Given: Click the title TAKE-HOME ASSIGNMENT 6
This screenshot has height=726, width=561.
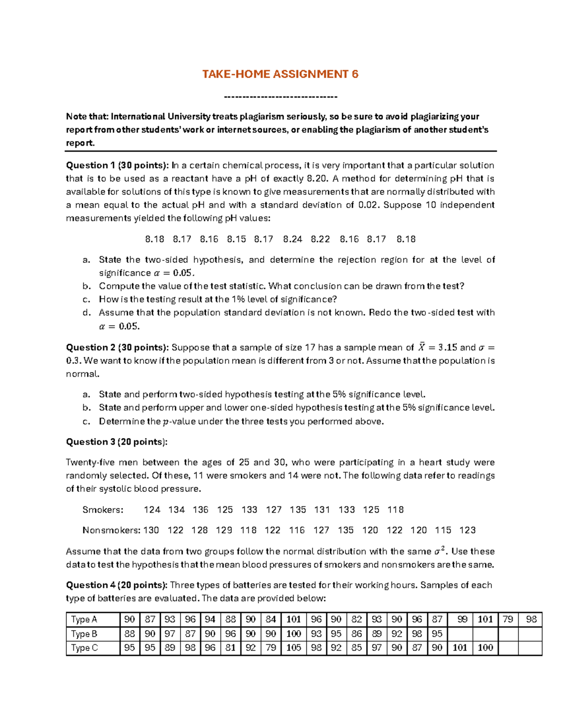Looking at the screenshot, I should (280, 74).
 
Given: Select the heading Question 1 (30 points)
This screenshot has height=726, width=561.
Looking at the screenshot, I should (117, 165).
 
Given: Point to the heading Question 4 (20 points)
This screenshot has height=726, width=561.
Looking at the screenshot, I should (116, 585).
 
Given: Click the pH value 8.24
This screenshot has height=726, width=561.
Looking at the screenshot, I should (293, 239).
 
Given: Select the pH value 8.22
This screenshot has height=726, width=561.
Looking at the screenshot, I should (320, 239).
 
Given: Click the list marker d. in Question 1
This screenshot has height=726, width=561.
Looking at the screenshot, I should (86, 313).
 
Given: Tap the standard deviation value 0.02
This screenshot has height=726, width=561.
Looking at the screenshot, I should (367, 205).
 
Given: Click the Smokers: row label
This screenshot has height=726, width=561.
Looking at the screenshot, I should (103, 510).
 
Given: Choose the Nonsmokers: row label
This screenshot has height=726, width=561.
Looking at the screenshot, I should (111, 531).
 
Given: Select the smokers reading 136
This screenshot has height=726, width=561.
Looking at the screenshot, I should (201, 510).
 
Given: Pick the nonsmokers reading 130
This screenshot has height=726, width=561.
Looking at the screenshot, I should (151, 531).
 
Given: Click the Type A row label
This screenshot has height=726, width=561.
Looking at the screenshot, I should (84, 619).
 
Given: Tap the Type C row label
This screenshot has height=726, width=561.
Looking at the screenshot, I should (84, 648).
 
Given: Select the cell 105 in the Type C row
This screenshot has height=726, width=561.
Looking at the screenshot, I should (294, 648).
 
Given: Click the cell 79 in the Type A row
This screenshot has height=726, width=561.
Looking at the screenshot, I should (508, 619).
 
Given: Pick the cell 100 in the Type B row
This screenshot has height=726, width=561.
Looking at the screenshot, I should (294, 634).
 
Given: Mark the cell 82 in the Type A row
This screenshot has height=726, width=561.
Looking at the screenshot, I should (357, 619).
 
